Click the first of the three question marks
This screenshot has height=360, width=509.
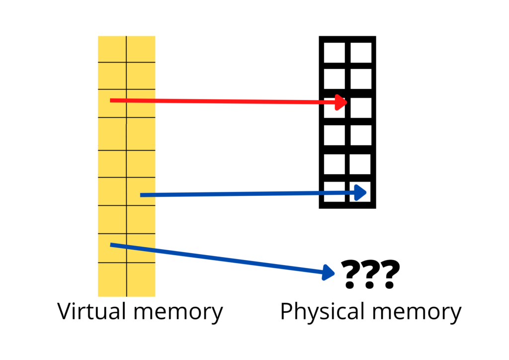(351, 274)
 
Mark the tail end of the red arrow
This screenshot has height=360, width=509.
(111, 100)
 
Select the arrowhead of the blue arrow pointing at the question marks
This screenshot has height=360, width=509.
(329, 272)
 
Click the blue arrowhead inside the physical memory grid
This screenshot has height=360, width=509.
(361, 193)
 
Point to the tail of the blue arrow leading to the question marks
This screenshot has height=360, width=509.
(111, 244)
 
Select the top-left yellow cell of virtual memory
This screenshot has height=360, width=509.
(112, 49)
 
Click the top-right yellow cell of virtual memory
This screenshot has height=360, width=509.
(141, 49)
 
